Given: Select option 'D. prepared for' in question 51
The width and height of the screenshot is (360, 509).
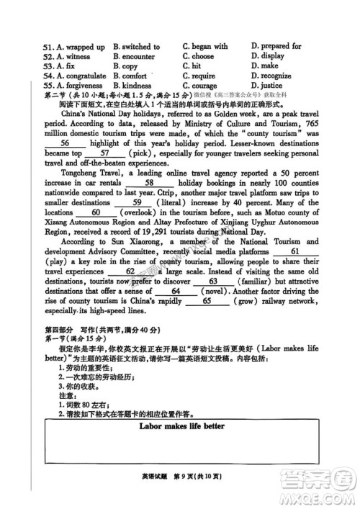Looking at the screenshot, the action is click(276, 47).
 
